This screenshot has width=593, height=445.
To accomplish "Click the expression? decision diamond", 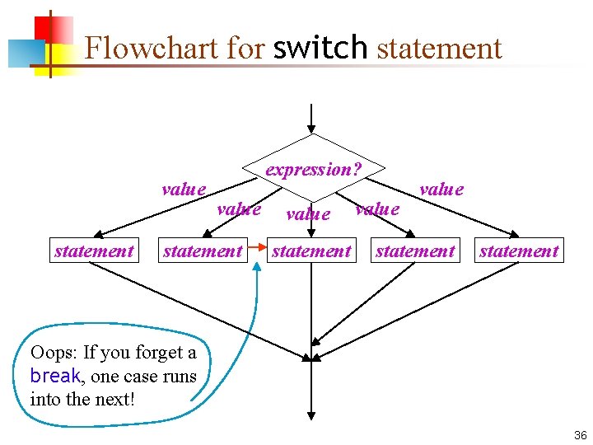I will pyautogui.click(x=312, y=169).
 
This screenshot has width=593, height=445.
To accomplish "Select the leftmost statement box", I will pyautogui.click(x=94, y=251).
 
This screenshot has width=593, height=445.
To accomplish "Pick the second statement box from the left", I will pyautogui.click(x=203, y=251).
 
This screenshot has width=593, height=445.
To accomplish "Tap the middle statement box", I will pyautogui.click(x=311, y=251).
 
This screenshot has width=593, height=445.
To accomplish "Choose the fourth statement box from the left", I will pyautogui.click(x=415, y=251).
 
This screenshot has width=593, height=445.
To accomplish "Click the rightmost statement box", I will pyautogui.click(x=519, y=251).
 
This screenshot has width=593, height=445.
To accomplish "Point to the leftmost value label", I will pyautogui.click(x=184, y=189).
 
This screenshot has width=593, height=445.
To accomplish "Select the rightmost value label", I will pyautogui.click(x=441, y=189).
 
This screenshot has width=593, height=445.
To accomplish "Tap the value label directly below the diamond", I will pyautogui.click(x=307, y=214).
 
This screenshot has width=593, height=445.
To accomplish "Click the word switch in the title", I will pyautogui.click(x=320, y=48).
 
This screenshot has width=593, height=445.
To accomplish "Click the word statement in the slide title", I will pyautogui.click(x=439, y=48).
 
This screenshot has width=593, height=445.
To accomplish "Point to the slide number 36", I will pyautogui.click(x=580, y=435).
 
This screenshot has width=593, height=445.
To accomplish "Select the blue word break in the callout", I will pyautogui.click(x=54, y=376).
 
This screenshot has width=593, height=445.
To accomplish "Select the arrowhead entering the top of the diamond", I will pyautogui.click(x=311, y=128).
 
